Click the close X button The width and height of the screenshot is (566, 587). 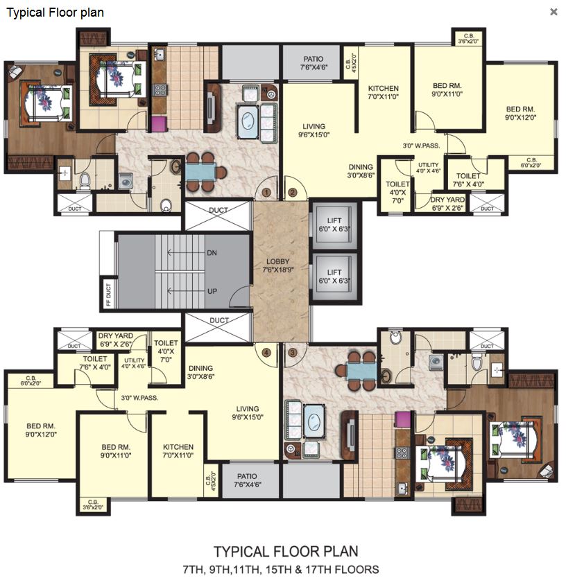(554, 12)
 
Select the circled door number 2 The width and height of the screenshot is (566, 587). (292, 193)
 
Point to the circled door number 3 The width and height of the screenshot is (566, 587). (292, 352)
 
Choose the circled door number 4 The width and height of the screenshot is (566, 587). (266, 352)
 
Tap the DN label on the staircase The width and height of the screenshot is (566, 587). (213, 254)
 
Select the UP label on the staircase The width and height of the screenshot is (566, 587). (213, 292)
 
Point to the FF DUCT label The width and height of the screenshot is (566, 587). (108, 294)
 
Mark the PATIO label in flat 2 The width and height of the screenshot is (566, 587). (314, 59)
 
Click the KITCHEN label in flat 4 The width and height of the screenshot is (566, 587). (178, 447)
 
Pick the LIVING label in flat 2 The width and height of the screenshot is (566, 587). (312, 126)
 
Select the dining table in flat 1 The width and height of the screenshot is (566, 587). (200, 172)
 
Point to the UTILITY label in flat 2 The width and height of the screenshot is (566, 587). (428, 165)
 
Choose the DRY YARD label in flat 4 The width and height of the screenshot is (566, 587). (115, 335)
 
